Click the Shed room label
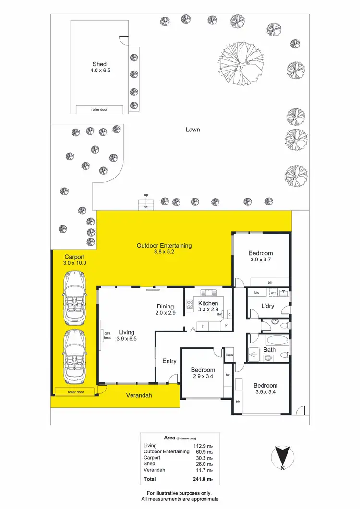[x=99, y=64]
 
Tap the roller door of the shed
[x=99, y=109]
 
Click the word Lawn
[x=192, y=130]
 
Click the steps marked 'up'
[x=146, y=205]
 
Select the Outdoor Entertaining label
[x=164, y=246]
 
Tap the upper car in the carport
[x=74, y=297]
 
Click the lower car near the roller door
[x=74, y=356]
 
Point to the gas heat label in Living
[x=108, y=335]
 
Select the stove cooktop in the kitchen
[x=189, y=303]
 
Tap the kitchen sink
[x=209, y=293]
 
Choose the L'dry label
[x=268, y=306]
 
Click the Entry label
[x=169, y=361]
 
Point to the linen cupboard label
[x=229, y=355]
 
